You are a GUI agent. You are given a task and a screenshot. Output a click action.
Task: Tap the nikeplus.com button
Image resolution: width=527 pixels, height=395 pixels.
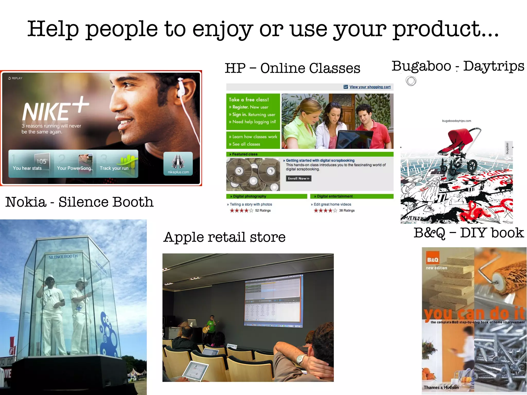(x=178, y=164)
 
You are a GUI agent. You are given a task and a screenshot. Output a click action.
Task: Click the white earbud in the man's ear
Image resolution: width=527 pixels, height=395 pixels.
(x=181, y=89)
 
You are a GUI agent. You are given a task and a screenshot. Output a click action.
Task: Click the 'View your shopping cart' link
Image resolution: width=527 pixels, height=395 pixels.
(x=370, y=87)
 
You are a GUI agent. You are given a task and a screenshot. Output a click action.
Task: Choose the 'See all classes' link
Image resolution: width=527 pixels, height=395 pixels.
(x=246, y=144)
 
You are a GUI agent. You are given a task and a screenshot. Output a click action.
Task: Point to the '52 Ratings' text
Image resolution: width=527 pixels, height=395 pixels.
(x=263, y=210)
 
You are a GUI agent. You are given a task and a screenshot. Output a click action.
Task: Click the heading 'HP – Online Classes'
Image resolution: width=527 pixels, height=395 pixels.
(x=292, y=68)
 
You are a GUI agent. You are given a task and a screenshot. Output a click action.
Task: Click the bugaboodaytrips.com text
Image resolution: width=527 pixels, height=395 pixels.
(x=456, y=121)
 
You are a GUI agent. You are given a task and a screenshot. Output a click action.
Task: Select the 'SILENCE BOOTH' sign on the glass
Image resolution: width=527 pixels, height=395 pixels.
(x=63, y=257)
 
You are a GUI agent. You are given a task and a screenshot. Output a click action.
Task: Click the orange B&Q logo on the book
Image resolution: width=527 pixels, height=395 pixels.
(x=433, y=260)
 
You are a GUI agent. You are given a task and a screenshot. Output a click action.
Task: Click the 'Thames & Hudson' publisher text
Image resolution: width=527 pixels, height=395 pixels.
(x=441, y=387)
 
